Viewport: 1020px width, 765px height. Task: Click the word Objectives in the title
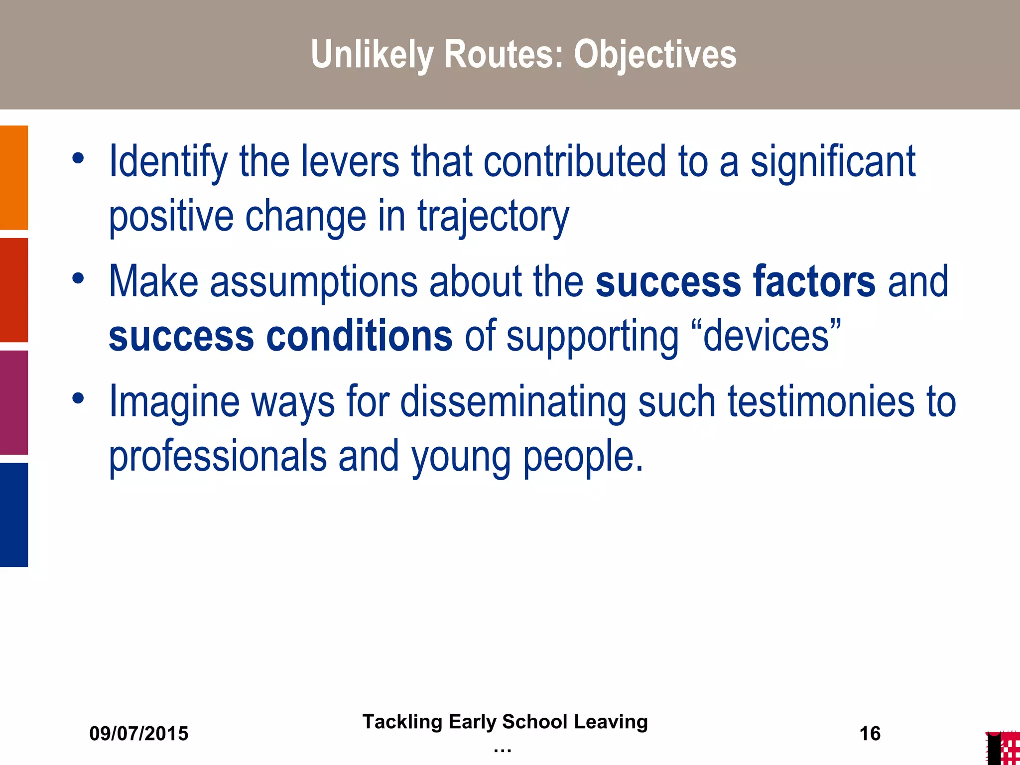655,54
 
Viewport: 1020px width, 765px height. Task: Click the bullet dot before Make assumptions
78,278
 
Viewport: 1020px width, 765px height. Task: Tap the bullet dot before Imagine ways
78,398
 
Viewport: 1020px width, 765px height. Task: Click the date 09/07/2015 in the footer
139,734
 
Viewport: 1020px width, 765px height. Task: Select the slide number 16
870,734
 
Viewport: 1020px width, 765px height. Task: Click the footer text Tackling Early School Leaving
505,722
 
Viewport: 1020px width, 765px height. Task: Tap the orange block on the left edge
14,177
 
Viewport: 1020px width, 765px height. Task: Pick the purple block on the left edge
14,402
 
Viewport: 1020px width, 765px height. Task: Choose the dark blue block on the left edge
14,515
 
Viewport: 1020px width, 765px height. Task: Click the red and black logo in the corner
1003,748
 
